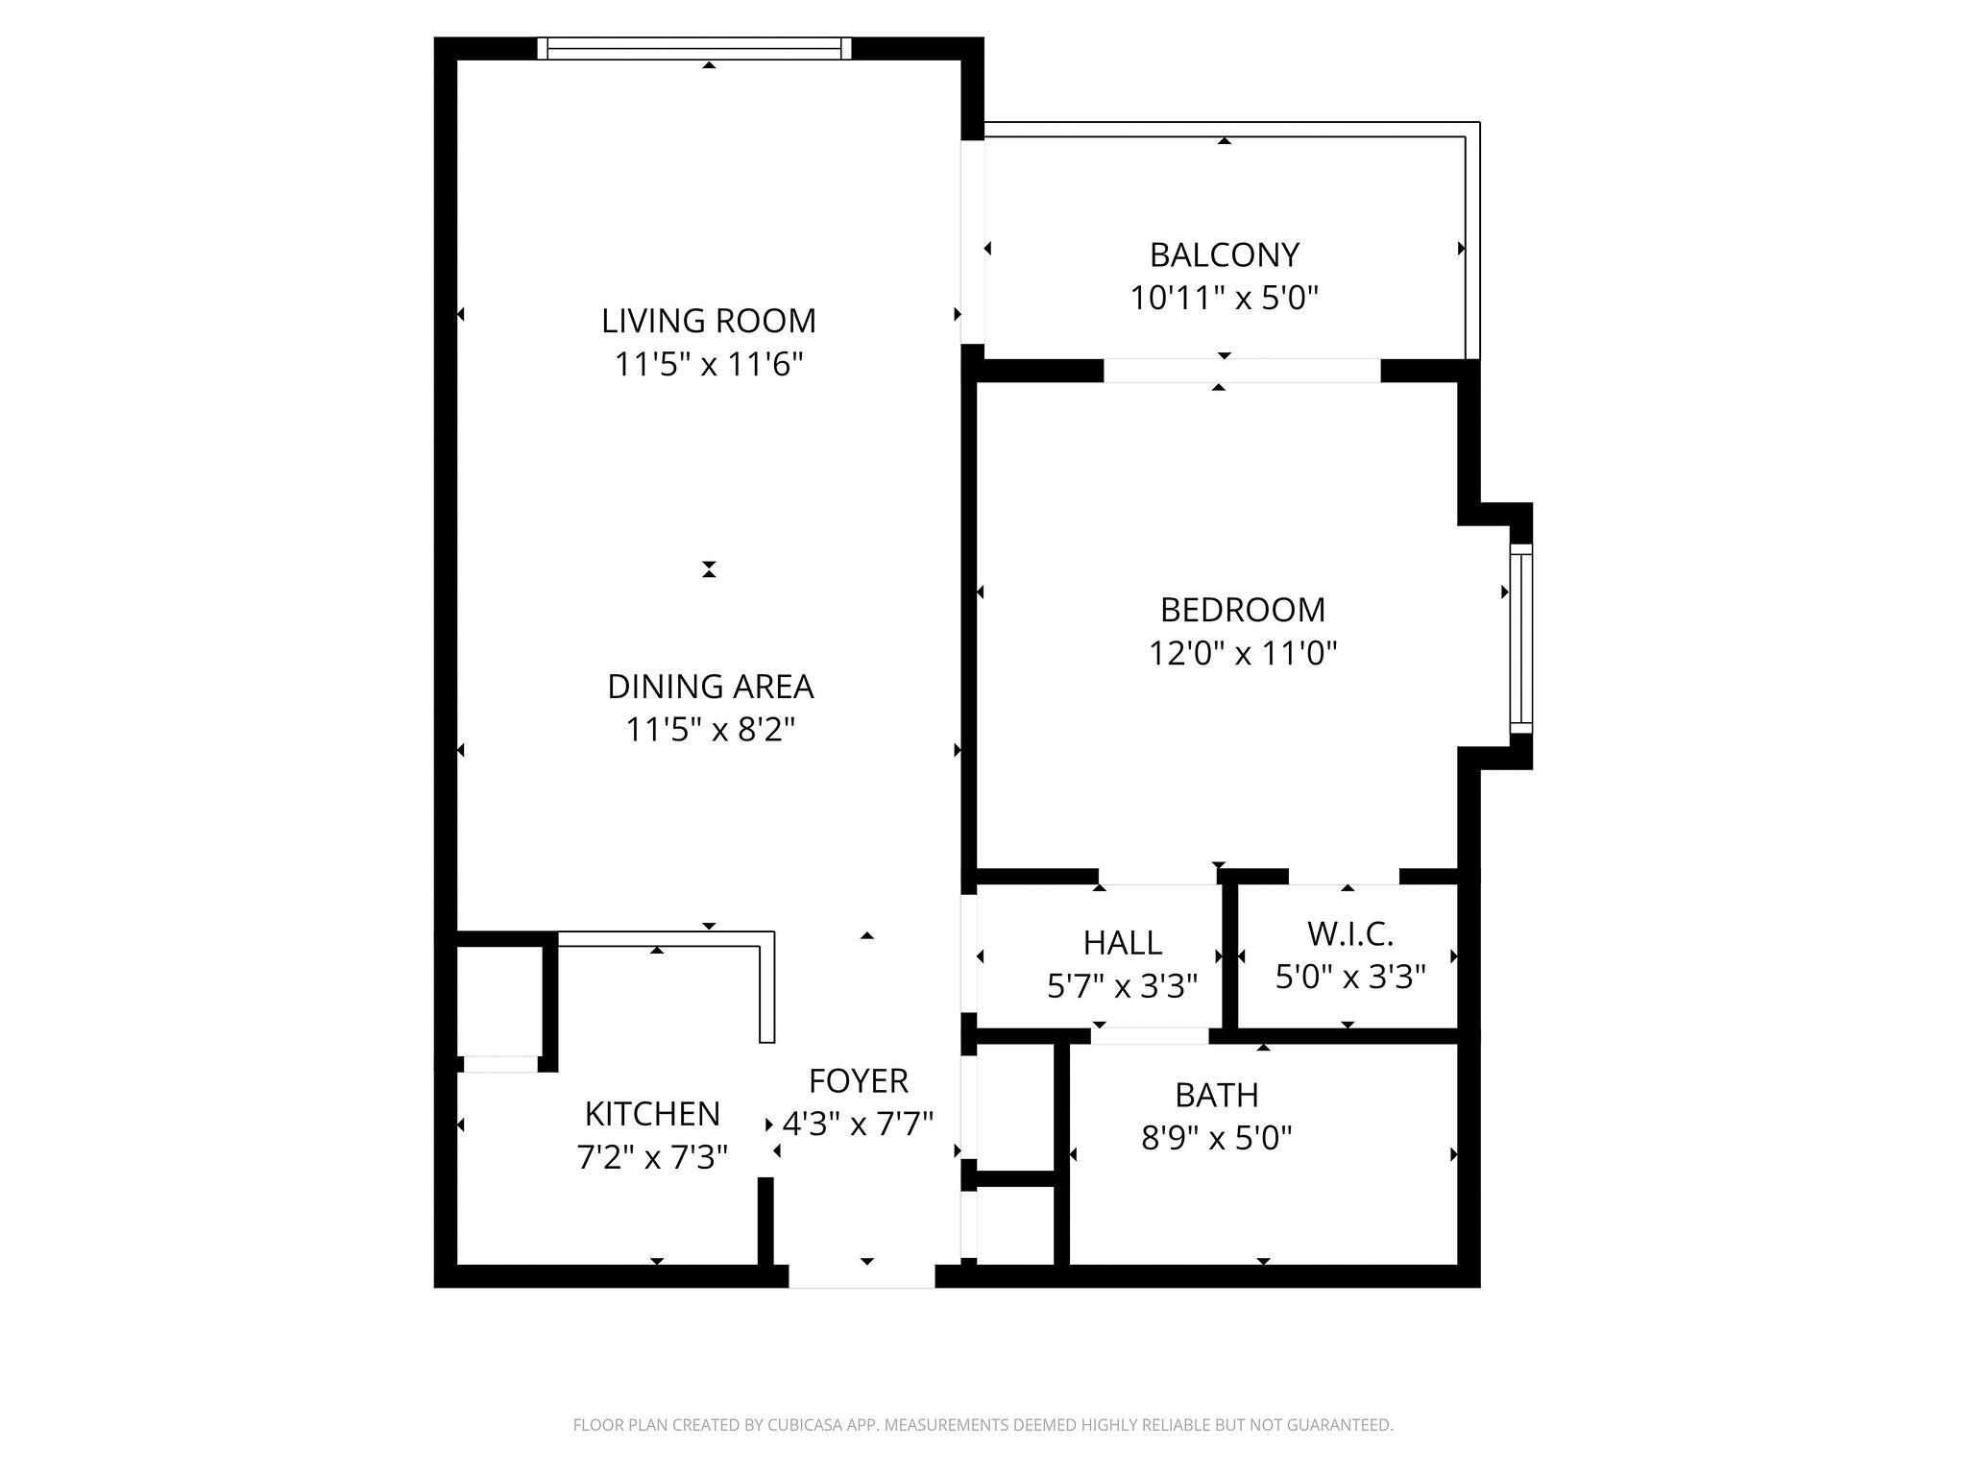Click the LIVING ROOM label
point(709,321)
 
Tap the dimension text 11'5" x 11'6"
point(709,365)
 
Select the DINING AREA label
point(710,687)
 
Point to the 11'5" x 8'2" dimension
point(710,731)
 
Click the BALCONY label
point(1224,254)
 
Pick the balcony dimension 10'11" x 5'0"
point(1224,299)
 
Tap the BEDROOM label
point(1242,610)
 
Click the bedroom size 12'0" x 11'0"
point(1242,654)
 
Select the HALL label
point(1122,943)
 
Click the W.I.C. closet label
point(1349,933)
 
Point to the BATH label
point(1216,1095)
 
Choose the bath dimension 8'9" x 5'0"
point(1216,1139)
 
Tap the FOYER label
point(858,1081)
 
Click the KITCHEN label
point(652,1114)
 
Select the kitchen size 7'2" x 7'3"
point(652,1158)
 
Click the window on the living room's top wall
point(694,48)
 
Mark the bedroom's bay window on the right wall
point(1519,638)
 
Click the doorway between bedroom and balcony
point(1241,371)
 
